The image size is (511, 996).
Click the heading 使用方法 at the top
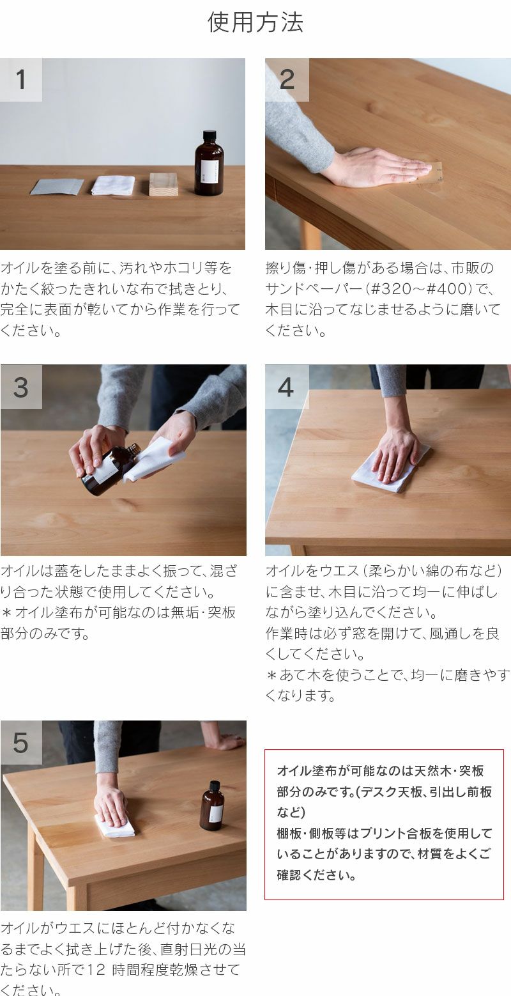[x=256, y=22]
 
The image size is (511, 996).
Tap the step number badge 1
[x=21, y=80]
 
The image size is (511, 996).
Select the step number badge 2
[x=287, y=80]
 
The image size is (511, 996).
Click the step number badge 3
[x=21, y=387]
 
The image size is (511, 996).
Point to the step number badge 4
[x=286, y=387]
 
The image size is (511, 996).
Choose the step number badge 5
[x=21, y=743]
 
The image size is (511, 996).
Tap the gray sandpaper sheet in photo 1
[x=57, y=187]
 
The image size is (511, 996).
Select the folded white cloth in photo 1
[x=113, y=185]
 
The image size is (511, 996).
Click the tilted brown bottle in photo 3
[x=105, y=470]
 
